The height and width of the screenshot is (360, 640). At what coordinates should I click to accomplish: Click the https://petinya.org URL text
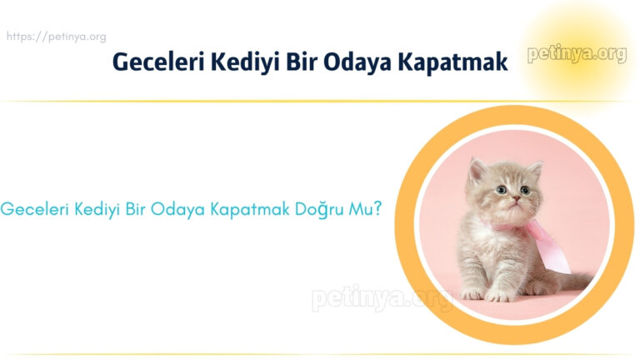(x=56, y=37)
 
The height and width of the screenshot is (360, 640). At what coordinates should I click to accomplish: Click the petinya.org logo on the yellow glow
(x=577, y=55)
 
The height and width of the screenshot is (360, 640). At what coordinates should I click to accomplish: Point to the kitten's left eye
(x=500, y=191)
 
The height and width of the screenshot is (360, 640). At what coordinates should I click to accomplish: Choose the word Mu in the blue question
(x=359, y=209)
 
